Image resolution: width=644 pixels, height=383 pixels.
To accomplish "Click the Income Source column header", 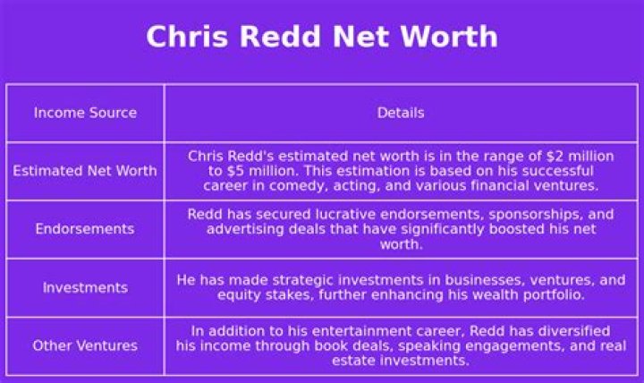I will click(x=85, y=113).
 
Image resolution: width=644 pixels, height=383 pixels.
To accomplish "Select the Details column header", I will click(x=401, y=113).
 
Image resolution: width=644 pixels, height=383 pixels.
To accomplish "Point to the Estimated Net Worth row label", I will click(x=85, y=171).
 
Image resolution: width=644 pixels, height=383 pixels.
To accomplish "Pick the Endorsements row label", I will click(x=85, y=229).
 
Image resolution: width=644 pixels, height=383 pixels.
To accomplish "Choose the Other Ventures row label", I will click(x=85, y=345).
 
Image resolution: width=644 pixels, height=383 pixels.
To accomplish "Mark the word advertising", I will click(x=246, y=229).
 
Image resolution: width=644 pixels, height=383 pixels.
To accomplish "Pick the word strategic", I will click(x=288, y=280).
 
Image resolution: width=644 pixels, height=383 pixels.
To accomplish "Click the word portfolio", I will click(x=551, y=294).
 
